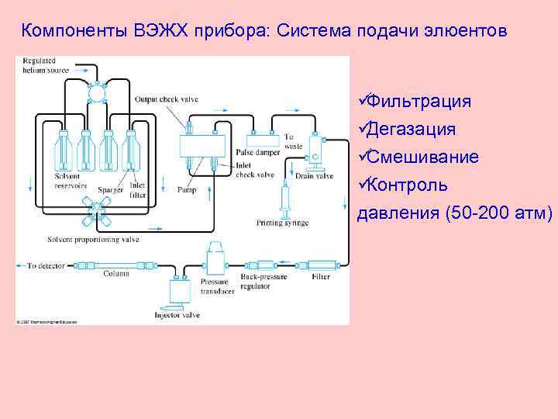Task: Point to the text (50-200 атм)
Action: click(500, 213)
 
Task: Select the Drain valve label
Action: click(314, 176)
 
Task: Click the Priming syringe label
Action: click(282, 223)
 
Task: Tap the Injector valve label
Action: click(177, 315)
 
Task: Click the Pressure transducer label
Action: click(214, 285)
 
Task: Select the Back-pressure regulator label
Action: click(264, 281)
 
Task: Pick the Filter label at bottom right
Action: click(321, 277)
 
